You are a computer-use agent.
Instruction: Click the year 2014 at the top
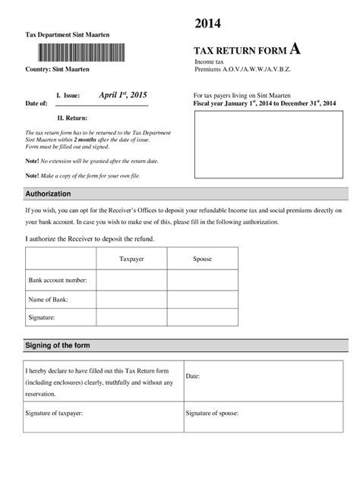[207, 24]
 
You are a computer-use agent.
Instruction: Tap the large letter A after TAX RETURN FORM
[295, 49]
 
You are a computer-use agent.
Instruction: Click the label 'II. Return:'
[73, 118]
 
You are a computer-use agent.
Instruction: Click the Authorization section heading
[49, 193]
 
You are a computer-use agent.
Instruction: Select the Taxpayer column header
[131, 259]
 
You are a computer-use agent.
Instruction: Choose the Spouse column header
[202, 259]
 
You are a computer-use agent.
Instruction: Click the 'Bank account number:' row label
[58, 280]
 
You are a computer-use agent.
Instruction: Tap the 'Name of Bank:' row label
[49, 298]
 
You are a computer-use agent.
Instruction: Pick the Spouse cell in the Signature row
[202, 316]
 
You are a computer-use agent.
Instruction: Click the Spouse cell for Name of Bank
[202, 298]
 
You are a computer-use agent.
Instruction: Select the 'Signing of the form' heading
[58, 346]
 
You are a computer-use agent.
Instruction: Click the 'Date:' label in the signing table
[193, 376]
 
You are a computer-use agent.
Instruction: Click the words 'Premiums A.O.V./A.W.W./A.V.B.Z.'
[243, 69]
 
